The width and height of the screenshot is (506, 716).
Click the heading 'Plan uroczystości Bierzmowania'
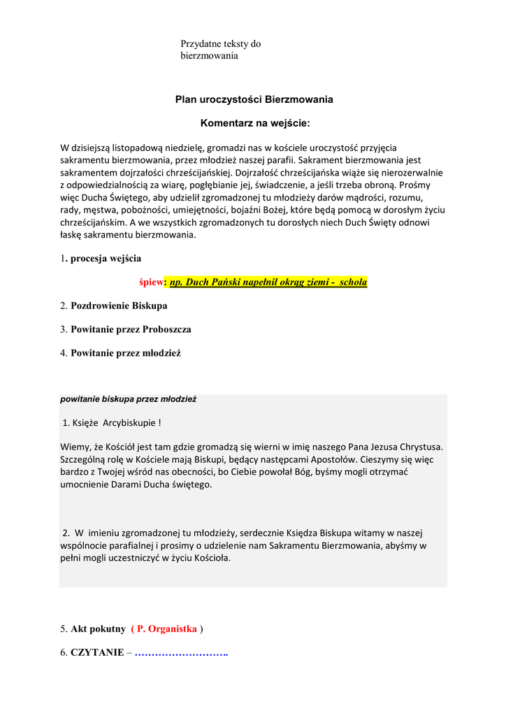(254, 99)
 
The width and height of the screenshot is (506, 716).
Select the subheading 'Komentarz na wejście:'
(254, 124)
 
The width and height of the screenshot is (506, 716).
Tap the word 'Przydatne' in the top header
(201, 44)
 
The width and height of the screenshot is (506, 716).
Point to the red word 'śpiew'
(151, 282)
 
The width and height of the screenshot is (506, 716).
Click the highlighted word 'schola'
(353, 282)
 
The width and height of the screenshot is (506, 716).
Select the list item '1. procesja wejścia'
(101, 258)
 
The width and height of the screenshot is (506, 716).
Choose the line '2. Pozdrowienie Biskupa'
(113, 306)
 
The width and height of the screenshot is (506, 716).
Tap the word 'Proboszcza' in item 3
(167, 329)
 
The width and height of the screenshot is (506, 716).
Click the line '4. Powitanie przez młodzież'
(120, 353)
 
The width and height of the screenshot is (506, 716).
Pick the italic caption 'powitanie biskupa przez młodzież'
(128, 399)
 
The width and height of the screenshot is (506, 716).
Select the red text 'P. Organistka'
(167, 629)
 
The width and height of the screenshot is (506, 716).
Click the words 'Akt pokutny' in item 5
(98, 629)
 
